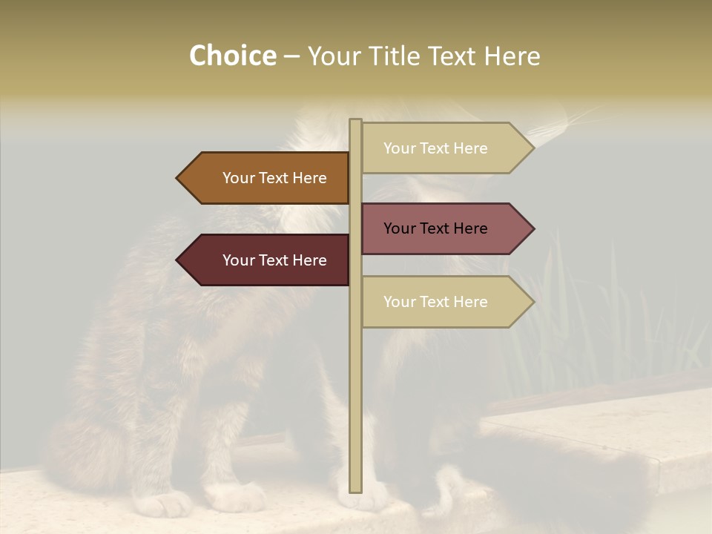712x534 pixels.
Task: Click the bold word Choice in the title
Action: point(232,56)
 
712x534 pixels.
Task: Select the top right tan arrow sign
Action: point(445,148)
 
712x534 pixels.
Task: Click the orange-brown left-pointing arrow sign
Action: point(267,178)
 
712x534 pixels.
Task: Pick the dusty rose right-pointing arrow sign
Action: point(445,228)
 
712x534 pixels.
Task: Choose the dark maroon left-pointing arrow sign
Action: point(267,260)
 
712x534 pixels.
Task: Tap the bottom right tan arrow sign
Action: point(445,302)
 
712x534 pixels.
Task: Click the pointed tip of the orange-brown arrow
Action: point(178,178)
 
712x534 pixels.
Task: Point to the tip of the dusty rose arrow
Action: point(533,228)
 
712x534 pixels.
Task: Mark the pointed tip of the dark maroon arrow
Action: point(178,260)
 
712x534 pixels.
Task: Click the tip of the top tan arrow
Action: point(533,148)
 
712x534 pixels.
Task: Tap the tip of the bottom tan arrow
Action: point(533,302)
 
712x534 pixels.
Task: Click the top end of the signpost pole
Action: point(355,121)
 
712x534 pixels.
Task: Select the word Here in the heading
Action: point(512,56)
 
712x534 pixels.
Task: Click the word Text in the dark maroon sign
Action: point(274,260)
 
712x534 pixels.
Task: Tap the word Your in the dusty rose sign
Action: point(400,228)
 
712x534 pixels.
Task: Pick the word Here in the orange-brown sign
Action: point(309,178)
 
